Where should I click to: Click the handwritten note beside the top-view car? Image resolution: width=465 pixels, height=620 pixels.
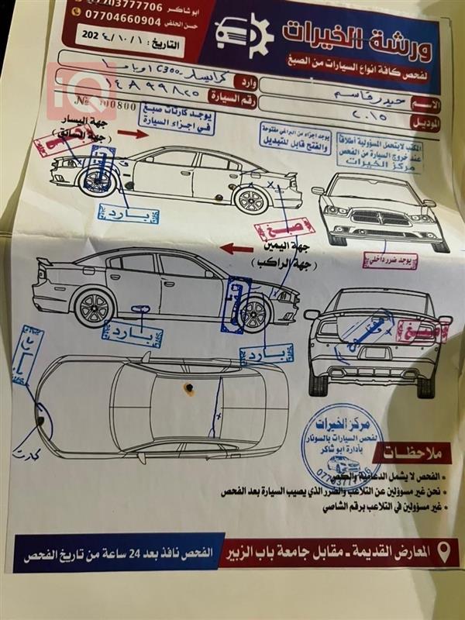pos(31,458)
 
